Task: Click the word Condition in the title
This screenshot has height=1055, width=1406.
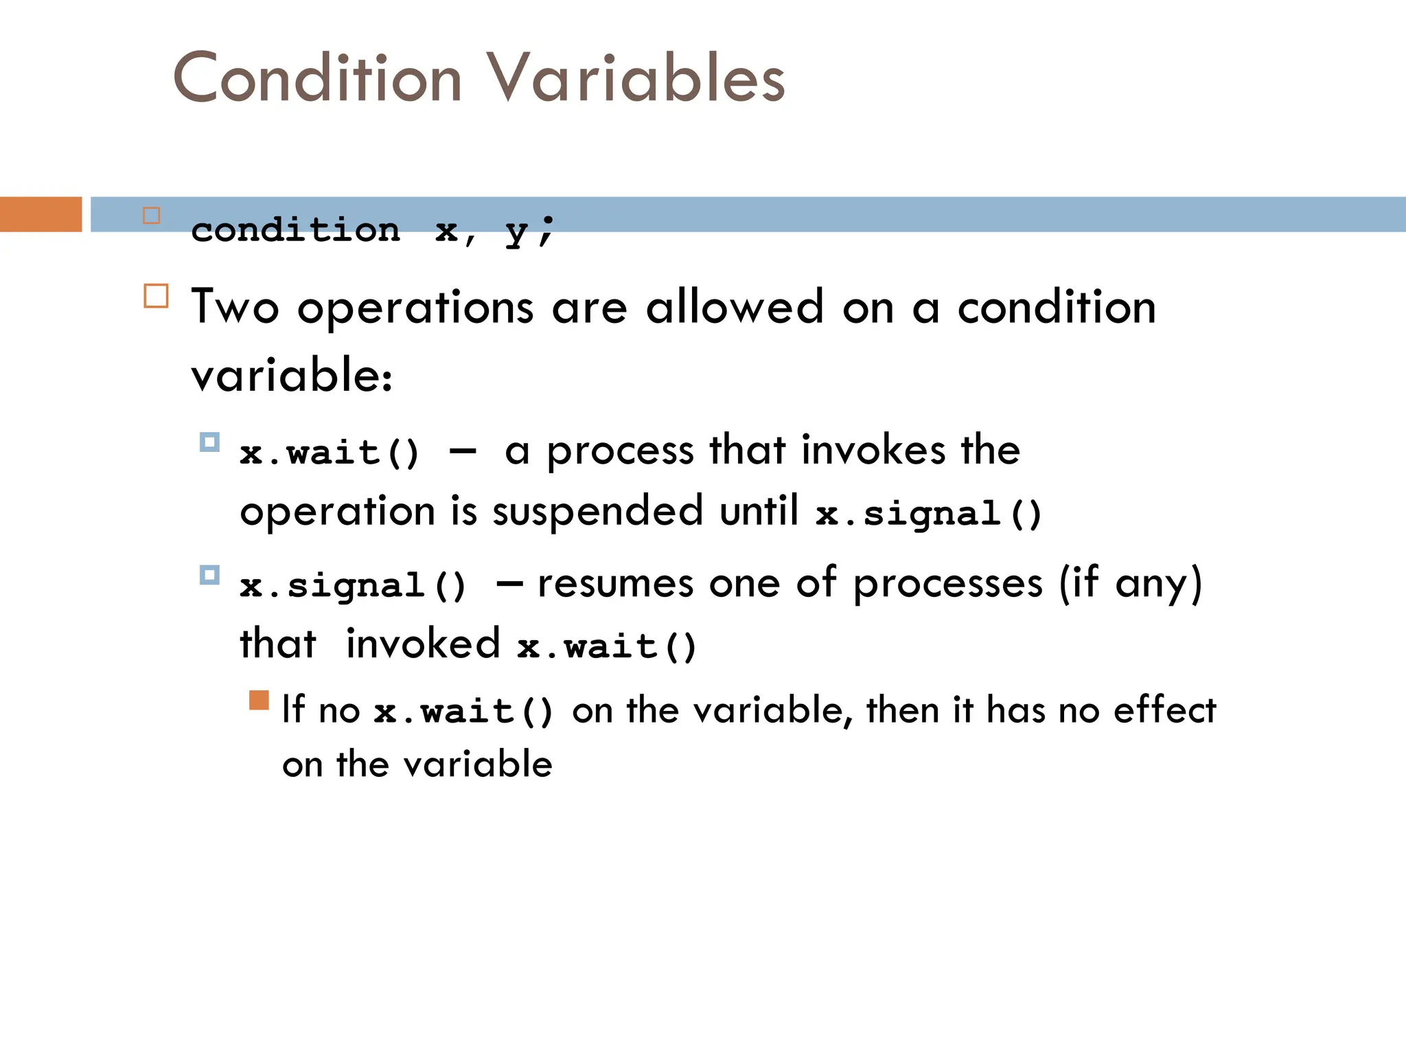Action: [x=317, y=78]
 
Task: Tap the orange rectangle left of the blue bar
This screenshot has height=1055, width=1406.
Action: [x=41, y=214]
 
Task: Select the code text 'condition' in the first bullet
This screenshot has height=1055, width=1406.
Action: [x=295, y=230]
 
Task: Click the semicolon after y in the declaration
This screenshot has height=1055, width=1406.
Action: [x=546, y=231]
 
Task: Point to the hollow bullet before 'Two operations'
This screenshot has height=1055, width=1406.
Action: [x=156, y=296]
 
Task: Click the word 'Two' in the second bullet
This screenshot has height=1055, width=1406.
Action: [x=235, y=307]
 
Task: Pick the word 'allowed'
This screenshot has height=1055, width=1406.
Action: [x=734, y=307]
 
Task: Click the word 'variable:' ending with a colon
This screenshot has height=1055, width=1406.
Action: [x=292, y=376]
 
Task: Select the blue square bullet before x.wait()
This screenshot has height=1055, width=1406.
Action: [x=209, y=442]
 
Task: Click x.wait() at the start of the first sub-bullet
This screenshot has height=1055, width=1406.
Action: [x=329, y=453]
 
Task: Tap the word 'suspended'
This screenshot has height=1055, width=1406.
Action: [x=597, y=512]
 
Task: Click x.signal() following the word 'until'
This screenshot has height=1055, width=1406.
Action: [x=929, y=514]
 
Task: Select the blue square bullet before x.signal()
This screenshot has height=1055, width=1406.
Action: [x=209, y=574]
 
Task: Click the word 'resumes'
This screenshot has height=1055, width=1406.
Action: [x=615, y=585]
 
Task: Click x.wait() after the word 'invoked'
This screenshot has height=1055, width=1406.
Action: [x=607, y=647]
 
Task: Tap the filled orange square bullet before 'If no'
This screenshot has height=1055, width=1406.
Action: [x=259, y=700]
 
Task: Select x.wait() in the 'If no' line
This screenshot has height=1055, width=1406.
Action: [x=463, y=712]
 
